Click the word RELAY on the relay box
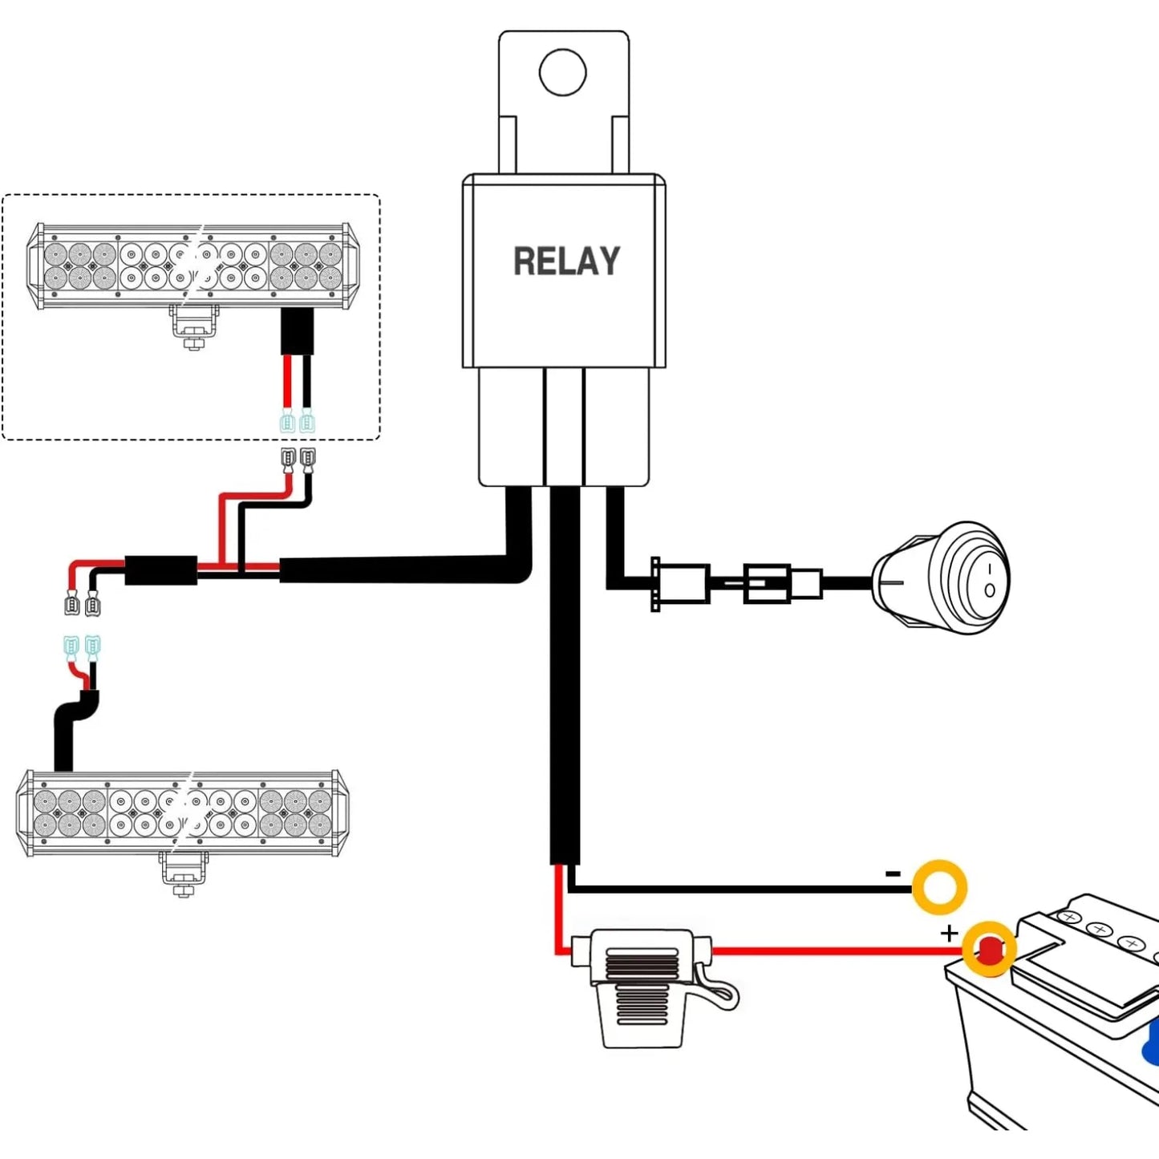(566, 261)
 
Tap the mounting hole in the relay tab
(563, 72)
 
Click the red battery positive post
(989, 950)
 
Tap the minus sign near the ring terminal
(893, 873)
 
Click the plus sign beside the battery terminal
(949, 933)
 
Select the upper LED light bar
(193, 265)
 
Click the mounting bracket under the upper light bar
(193, 327)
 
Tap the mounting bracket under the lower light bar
(184, 874)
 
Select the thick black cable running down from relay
(565, 676)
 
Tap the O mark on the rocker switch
(990, 591)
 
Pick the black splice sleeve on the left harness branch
(160, 570)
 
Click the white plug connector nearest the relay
(681, 583)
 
